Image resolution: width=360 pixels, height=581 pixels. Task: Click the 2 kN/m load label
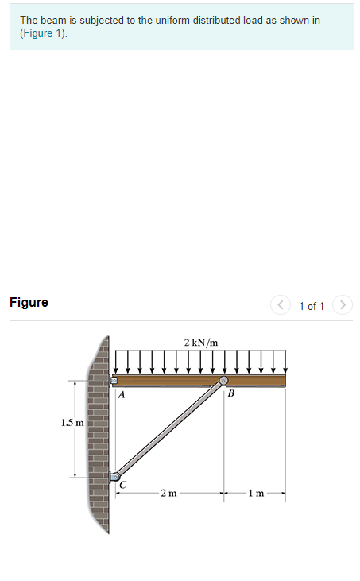point(200,343)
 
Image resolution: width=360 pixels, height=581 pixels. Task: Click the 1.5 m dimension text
point(72,422)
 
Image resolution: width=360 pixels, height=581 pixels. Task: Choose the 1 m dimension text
point(255,494)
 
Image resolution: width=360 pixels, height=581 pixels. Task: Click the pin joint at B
point(224,382)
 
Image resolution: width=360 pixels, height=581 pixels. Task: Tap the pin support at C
point(114,477)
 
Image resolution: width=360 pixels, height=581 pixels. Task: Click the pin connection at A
point(113,381)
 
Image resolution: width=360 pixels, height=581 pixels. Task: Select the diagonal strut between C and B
point(169,429)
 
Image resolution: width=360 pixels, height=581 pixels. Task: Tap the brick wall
point(99,445)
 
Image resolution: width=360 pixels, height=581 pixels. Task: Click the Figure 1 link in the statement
point(44,33)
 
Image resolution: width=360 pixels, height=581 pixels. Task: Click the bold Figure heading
point(29,302)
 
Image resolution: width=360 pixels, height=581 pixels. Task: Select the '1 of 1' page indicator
point(312,305)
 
